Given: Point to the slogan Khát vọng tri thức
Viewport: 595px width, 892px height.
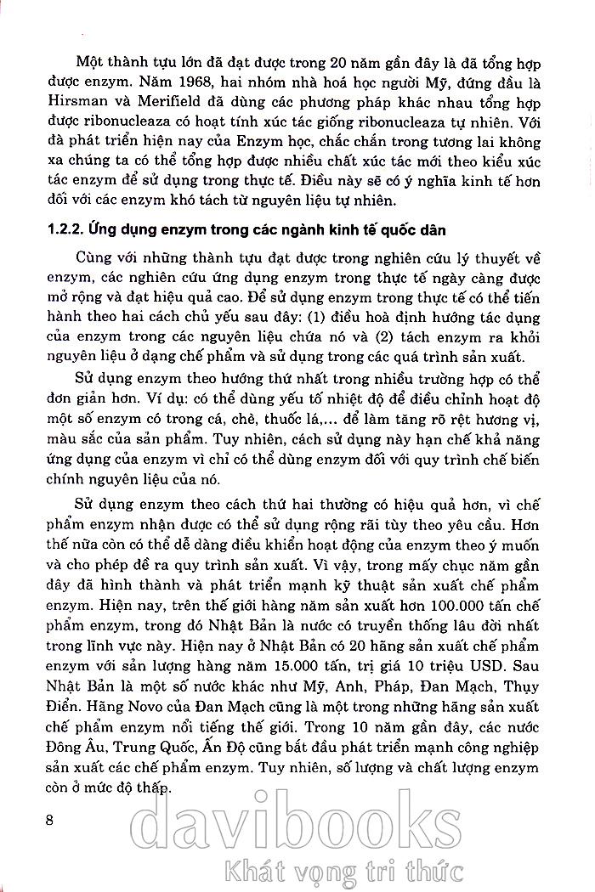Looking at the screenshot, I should [340, 871].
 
